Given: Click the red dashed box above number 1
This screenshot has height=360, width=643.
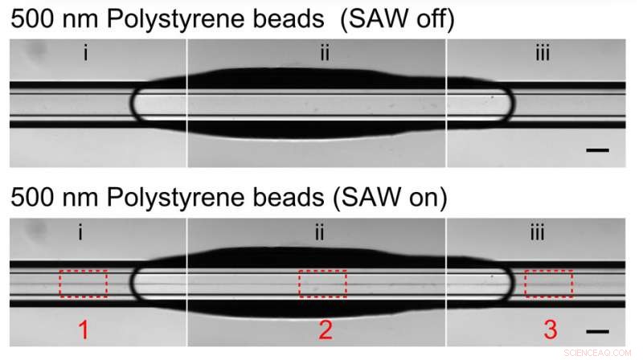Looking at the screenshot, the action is tap(83, 283).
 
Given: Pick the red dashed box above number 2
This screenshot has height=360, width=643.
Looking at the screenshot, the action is tap(322, 283).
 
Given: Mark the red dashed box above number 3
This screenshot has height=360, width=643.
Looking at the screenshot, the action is tap(548, 283).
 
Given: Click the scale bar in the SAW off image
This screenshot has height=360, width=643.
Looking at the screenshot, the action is tap(596, 149).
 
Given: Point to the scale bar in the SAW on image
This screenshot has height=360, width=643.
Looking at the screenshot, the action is tap(596, 330).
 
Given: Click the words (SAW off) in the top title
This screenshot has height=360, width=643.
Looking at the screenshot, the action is tap(396, 19).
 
